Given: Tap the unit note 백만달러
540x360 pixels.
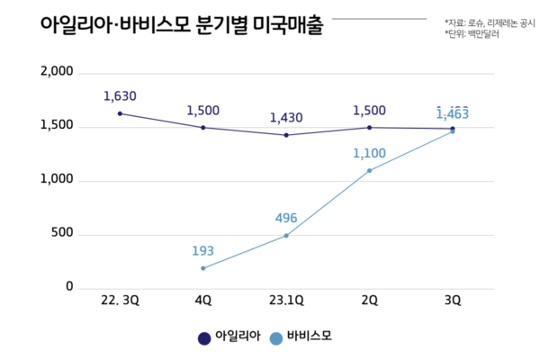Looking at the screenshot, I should coord(473,33).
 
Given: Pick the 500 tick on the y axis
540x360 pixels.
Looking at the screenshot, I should coord(60,234).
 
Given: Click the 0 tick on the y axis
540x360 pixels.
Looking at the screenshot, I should coord(67,287).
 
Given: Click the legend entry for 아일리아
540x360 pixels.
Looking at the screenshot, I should coord(229,337).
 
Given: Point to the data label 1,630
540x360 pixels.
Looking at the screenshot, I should coord(120,95).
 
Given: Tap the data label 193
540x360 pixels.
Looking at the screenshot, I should coord(202,249).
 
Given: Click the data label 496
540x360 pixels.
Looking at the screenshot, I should coord(286,218).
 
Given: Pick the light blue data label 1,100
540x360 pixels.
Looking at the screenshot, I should coord(369,154).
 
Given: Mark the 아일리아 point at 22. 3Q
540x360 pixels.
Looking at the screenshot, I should coord(120,113).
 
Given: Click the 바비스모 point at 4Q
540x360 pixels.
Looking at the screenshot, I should coord(202,268).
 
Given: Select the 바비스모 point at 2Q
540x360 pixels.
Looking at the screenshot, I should coord(369,170).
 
